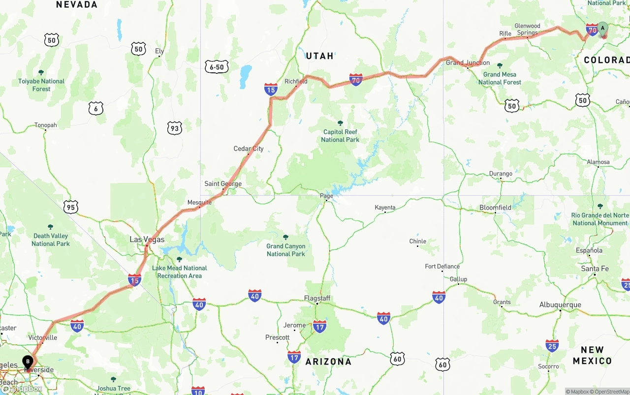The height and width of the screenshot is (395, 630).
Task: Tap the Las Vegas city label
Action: point(147,240)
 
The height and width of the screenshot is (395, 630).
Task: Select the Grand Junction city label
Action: point(468,63)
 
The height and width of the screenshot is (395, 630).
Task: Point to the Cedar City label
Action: point(249,149)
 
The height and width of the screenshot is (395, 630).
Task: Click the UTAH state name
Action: point(320,56)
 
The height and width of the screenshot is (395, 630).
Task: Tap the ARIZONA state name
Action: point(328,362)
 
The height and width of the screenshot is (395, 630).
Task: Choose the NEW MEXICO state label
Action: point(592,355)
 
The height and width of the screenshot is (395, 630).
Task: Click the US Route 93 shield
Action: point(174,128)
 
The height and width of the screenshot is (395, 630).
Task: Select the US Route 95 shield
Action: point(71,207)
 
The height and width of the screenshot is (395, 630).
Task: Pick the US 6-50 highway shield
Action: point(217,67)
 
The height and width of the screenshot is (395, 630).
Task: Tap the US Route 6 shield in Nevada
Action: point(96,109)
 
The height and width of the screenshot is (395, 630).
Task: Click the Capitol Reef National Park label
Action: point(340,135)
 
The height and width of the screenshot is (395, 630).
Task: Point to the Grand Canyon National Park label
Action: point(286,250)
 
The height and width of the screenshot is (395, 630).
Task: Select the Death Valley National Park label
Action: point(51,240)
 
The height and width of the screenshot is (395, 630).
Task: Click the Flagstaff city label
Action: point(317,299)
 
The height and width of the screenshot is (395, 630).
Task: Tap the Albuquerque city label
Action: point(560,305)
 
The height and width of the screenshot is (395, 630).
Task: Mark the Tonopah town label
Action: point(45,125)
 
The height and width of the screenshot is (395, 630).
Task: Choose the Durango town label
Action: point(501,174)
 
